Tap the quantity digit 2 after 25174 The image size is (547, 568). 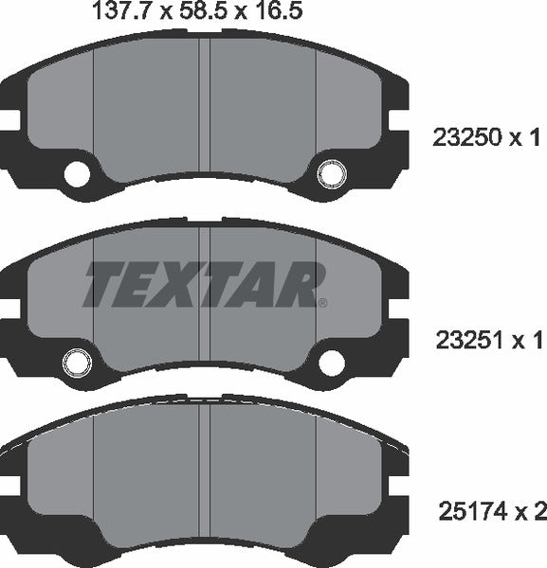point(540,513)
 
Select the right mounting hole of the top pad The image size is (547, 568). point(331,174)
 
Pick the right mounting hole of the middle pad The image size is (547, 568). point(331,361)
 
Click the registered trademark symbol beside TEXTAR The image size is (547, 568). point(323,303)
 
